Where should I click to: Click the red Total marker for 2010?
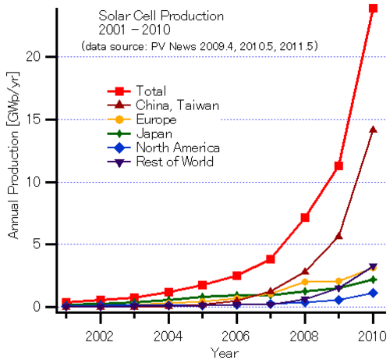pos(373,8)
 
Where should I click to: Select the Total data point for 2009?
pos(339,166)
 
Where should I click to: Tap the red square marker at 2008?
pos(305,217)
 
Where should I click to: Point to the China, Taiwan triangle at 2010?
pos(373,130)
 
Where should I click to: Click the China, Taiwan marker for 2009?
pos(339,236)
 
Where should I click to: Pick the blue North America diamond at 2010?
pos(373,293)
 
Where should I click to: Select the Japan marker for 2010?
pos(373,280)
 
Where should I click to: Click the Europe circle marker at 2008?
pos(305,282)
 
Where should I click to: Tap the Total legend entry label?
pos(151,91)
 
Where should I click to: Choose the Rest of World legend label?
pos(175,162)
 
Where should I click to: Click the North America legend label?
pos(178,148)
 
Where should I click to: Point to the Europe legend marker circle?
pos(119,119)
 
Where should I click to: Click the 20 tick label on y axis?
pos(34,56)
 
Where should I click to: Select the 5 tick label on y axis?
pos(37,244)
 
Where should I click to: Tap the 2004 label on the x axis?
pos(168,336)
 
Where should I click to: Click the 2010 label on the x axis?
pos(372,336)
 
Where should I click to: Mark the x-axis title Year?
pos(225,353)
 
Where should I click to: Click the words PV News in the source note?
pos(174,46)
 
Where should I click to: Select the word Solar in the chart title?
pos(115,16)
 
